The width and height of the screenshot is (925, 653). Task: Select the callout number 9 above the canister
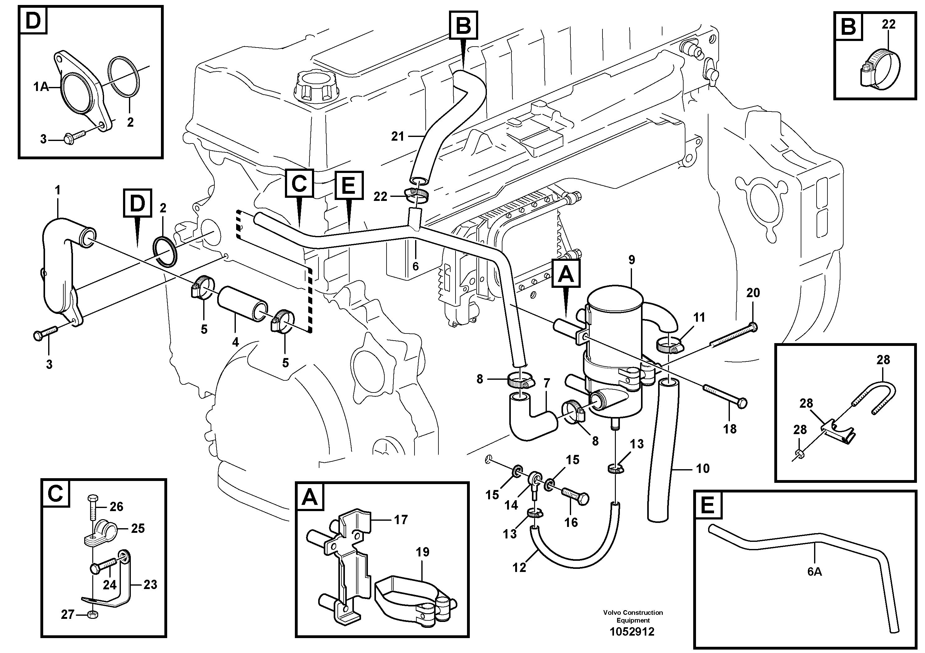pyautogui.click(x=631, y=260)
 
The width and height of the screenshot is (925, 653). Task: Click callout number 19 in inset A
pyautogui.click(x=423, y=552)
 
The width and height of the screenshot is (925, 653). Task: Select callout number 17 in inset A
pyautogui.click(x=401, y=520)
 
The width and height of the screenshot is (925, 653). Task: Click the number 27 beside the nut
pyautogui.click(x=68, y=614)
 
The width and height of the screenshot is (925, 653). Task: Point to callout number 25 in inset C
pyautogui.click(x=138, y=528)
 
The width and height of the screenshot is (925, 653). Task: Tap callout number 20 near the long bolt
pyautogui.click(x=753, y=293)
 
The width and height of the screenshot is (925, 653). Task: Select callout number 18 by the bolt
pyautogui.click(x=730, y=429)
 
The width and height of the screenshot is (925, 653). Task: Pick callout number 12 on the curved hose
pyautogui.click(x=519, y=567)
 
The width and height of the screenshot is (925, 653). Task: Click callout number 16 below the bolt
pyautogui.click(x=571, y=523)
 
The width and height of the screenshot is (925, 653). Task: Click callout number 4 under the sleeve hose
pyautogui.click(x=235, y=342)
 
